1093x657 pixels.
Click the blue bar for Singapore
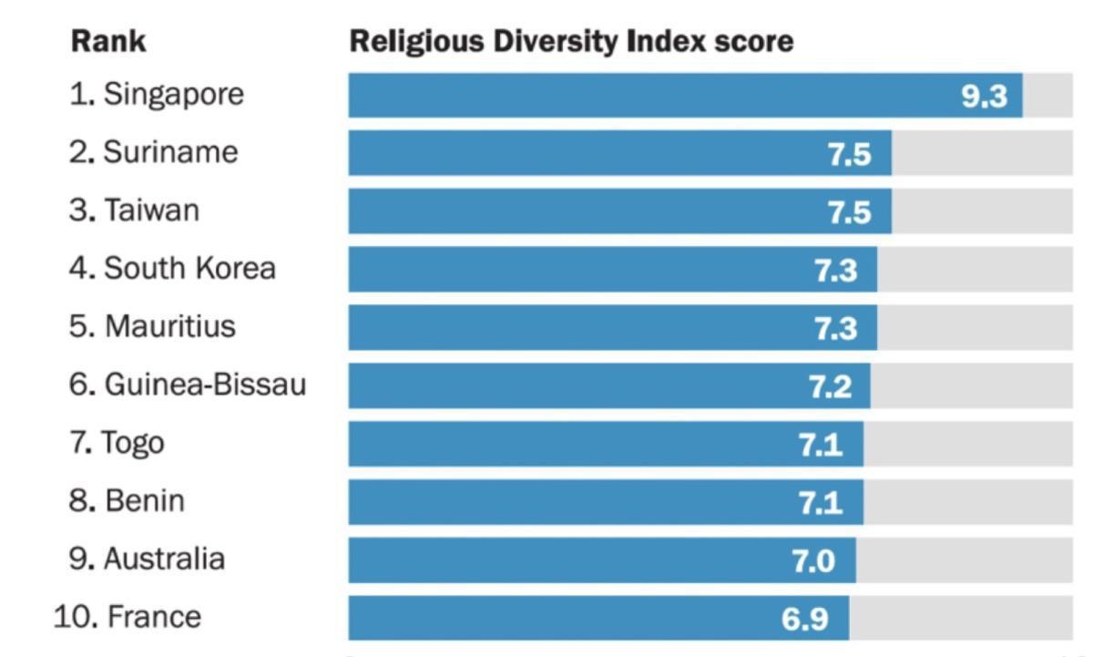pyautogui.click(x=638, y=96)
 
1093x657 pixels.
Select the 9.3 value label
pyautogui.click(x=985, y=96)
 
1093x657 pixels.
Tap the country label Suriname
pyautogui.click(x=170, y=152)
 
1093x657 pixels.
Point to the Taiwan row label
pyautogui.click(x=151, y=210)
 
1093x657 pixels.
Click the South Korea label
pyautogui.click(x=189, y=269)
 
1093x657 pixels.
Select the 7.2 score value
pyautogui.click(x=831, y=386)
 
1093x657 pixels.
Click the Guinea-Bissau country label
pyautogui.click(x=205, y=385)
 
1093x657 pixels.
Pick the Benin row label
pyautogui.click(x=144, y=501)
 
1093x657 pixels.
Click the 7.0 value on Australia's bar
pyautogui.click(x=813, y=560)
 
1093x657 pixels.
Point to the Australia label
pyautogui.click(x=164, y=559)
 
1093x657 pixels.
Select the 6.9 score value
pyautogui.click(x=805, y=619)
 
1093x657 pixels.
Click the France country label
pyautogui.click(x=153, y=617)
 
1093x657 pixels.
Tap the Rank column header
pyautogui.click(x=108, y=41)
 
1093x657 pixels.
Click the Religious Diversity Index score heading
pyautogui.click(x=571, y=41)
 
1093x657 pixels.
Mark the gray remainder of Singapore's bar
pyautogui.click(x=1047, y=96)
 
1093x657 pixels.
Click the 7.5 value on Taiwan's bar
pyautogui.click(x=849, y=211)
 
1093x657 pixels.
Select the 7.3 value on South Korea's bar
pyautogui.click(x=835, y=270)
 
